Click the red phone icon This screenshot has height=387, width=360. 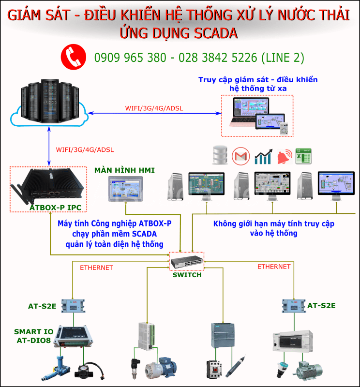[73, 57]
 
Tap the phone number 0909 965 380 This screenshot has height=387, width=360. [130, 58]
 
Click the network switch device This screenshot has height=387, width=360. [186, 262]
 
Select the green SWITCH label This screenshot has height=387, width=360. [187, 275]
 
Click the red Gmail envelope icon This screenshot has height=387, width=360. [240, 156]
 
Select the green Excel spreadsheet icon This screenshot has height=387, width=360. [303, 156]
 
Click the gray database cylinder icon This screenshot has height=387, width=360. [220, 156]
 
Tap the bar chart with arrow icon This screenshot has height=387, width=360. [263, 156]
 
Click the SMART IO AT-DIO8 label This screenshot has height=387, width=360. [33, 336]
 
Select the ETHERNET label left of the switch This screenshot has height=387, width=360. [96, 267]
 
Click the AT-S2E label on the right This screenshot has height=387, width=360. [321, 305]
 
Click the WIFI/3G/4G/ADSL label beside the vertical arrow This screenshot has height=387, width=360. [85, 149]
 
